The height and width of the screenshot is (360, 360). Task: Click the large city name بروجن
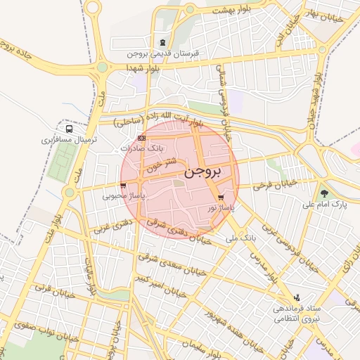205,171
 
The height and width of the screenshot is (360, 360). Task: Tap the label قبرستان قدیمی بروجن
164,53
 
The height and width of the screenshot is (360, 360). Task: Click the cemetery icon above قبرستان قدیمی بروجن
164,42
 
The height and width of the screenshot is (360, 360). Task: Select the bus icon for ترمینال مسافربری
69,129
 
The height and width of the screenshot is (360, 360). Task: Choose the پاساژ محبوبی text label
123,196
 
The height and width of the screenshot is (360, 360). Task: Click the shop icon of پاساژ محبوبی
124,186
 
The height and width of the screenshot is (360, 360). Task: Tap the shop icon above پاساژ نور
222,198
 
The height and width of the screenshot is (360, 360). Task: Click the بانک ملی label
243,239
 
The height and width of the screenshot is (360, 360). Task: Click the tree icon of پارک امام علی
324,193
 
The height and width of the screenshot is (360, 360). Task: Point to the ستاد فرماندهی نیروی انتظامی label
296,314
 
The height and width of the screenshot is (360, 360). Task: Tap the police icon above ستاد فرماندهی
296,297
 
